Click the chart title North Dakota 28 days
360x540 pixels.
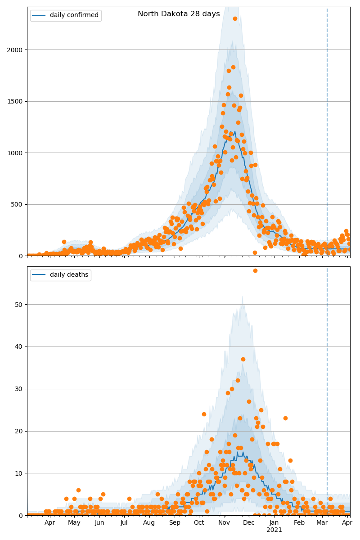(179, 14)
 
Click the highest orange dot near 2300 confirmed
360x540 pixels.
(235, 18)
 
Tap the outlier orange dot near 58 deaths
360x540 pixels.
(255, 270)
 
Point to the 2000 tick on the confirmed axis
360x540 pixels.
(15, 49)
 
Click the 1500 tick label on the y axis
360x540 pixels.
(15, 101)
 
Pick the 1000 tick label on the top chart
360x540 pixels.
(15, 153)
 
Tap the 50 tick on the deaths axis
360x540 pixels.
(19, 305)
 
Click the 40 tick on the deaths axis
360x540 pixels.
(19, 346)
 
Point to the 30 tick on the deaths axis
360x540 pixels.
(19, 389)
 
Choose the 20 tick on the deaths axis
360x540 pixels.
(19, 431)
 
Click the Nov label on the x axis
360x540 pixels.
(224, 523)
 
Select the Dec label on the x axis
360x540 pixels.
(249, 523)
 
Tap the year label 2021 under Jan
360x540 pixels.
(274, 530)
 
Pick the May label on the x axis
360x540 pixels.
(74, 523)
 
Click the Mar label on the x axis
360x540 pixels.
(322, 523)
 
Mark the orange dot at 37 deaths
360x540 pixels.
(243, 359)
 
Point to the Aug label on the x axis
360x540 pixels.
(149, 523)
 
